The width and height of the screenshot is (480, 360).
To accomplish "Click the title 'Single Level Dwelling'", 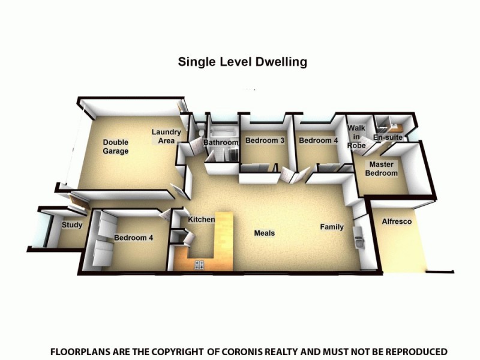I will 242,62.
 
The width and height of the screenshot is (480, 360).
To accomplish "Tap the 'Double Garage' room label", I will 116,147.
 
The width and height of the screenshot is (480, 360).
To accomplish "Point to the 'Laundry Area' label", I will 166,136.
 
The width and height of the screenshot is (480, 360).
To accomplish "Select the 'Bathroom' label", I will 221,143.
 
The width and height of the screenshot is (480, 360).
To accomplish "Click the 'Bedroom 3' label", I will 265,141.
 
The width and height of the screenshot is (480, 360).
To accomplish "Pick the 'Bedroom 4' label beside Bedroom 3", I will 319,141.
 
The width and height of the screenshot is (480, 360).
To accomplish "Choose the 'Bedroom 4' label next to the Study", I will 134,238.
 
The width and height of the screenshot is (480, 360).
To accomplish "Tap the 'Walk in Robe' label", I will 357,137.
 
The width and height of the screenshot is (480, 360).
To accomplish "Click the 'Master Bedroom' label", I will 383,169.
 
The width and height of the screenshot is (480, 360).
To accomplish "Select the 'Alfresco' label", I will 397,222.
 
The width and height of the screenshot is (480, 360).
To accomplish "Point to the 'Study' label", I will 72,226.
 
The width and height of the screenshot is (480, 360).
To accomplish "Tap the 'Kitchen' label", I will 202,220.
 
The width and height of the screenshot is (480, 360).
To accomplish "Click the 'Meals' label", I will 265,233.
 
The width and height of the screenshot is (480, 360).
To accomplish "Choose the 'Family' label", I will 332,227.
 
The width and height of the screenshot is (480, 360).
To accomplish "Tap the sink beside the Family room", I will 359,243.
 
